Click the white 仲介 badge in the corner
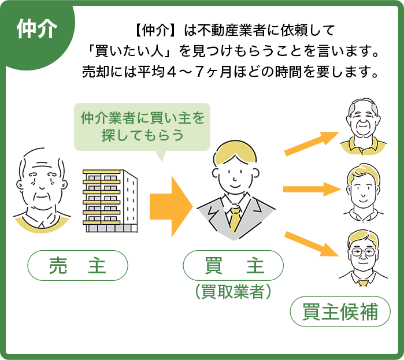coord(36,28)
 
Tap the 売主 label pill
coord(77,265)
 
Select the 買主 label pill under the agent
coord(233,265)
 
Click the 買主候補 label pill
coord(340,311)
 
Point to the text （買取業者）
coord(233,292)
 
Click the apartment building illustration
coord(110,201)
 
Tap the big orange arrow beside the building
coord(171,206)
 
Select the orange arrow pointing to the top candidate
coord(312,144)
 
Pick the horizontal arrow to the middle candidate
coord(312,190)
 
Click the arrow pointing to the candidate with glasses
coord(311,244)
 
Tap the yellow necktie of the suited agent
coord(235,219)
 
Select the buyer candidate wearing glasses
coord(363,258)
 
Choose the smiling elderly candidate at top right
coord(364,126)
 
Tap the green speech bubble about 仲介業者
coord(142,127)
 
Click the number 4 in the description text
coord(171,72)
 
